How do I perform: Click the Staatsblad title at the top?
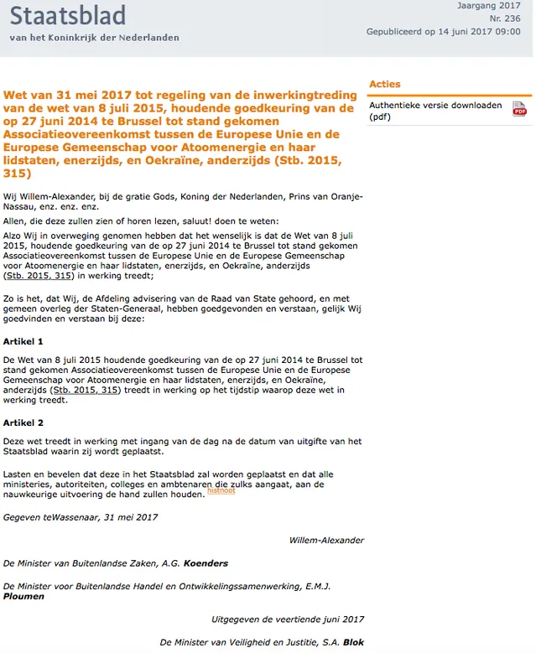(68, 16)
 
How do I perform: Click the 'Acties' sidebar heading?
(384, 84)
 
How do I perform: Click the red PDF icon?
(519, 110)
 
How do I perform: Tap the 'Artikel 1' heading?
(23, 342)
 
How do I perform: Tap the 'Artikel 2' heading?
(23, 422)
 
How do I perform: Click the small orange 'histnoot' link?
(221, 490)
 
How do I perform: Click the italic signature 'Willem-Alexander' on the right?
(326, 540)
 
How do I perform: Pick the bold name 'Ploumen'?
(23, 597)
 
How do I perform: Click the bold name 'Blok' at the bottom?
(353, 641)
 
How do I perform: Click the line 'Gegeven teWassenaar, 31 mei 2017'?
(80, 517)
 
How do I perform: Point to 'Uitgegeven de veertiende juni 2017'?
(288, 619)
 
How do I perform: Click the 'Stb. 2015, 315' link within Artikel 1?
(86, 390)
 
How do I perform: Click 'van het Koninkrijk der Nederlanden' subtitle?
(94, 38)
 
